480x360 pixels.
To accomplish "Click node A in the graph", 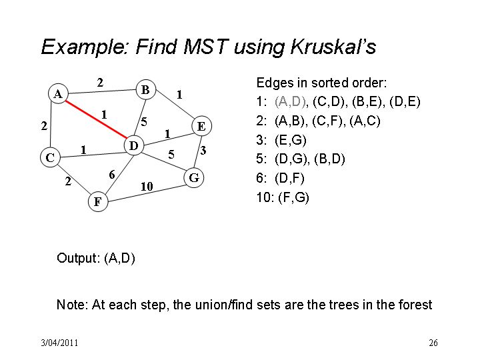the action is click(x=58, y=93).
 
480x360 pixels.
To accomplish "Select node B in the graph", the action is click(x=146, y=90).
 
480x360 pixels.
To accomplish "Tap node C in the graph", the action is click(x=50, y=157).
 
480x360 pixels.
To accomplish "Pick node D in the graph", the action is click(x=134, y=145).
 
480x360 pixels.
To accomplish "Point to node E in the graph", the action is click(x=201, y=126).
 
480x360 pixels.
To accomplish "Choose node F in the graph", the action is click(x=98, y=201).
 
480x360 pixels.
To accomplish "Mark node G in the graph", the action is click(x=194, y=177).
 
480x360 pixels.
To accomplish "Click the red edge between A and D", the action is click(x=96, y=120).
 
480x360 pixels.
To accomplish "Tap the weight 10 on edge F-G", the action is click(x=147, y=186).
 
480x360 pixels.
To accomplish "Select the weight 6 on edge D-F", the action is click(x=112, y=175).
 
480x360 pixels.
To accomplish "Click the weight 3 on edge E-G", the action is click(x=203, y=150).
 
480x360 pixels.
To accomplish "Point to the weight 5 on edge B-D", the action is click(x=144, y=122).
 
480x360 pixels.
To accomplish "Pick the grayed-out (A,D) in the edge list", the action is click(x=290, y=101).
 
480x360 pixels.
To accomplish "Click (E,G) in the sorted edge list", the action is click(x=291, y=140).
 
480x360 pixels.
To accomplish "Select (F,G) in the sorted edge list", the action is click(x=293, y=197).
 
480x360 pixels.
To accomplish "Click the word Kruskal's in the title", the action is click(x=333, y=47).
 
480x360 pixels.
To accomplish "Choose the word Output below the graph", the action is click(x=78, y=258).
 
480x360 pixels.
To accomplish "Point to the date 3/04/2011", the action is click(x=60, y=343).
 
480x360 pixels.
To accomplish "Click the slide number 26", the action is click(x=433, y=343).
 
